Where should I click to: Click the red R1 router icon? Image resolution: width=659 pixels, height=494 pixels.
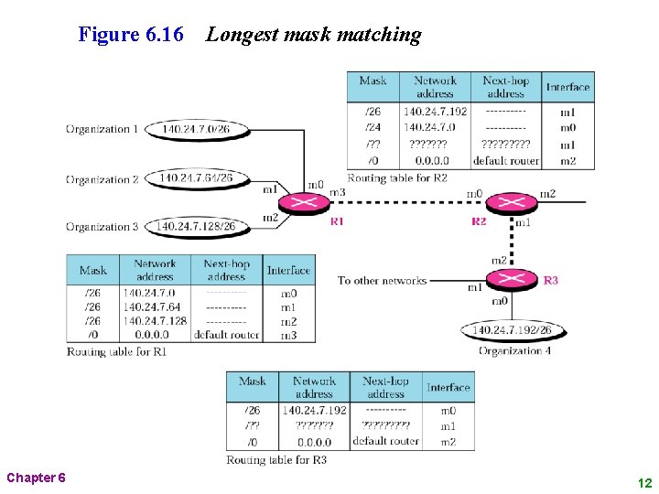point(303,203)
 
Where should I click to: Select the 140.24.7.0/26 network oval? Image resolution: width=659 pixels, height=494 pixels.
point(195,129)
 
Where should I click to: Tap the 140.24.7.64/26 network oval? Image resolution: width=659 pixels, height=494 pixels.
point(195,177)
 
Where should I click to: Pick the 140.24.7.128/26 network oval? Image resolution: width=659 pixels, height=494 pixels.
point(195,226)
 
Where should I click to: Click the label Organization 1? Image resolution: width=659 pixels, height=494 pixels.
point(102,129)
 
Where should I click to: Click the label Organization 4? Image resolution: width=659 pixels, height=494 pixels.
point(515,350)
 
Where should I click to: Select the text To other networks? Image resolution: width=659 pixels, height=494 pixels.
point(382,280)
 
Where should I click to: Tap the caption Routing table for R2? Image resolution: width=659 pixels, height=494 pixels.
point(397,177)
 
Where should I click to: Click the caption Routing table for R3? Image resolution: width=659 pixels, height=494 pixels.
point(276,459)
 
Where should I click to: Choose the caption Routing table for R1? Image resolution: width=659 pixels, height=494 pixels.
point(116,351)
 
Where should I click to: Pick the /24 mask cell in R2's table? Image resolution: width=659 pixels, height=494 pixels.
point(373,127)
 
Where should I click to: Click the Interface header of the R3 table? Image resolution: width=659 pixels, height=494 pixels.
point(448,388)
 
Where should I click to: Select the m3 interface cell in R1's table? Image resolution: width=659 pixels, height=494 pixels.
point(288,336)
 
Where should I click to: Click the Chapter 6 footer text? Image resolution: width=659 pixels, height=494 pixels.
point(36,478)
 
